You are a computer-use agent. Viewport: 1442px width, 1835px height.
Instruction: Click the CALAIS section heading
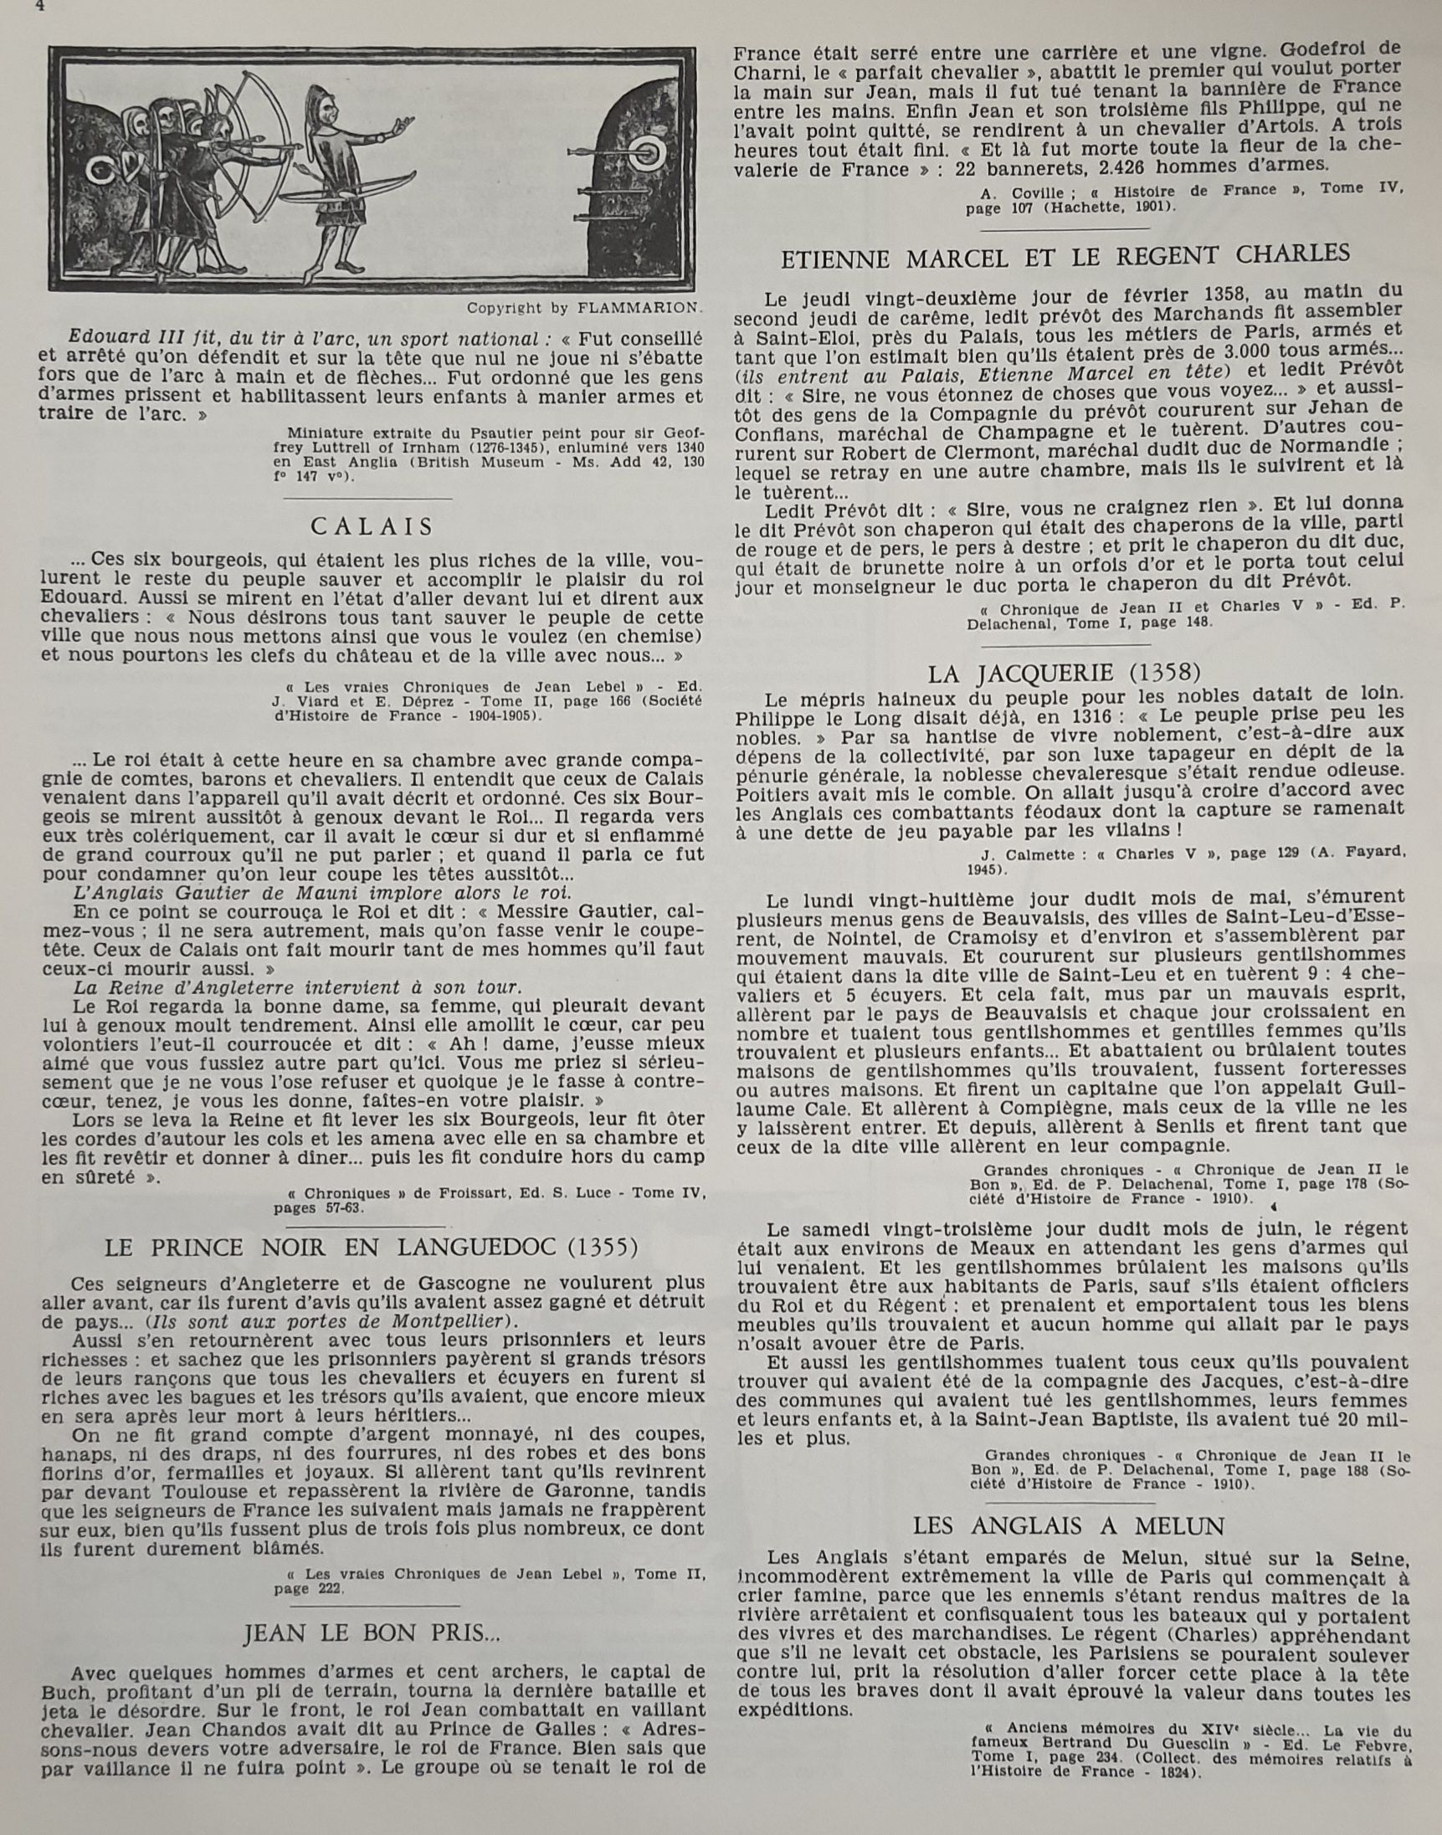pyautogui.click(x=372, y=526)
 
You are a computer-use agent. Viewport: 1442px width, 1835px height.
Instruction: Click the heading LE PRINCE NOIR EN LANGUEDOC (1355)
pyautogui.click(x=372, y=1247)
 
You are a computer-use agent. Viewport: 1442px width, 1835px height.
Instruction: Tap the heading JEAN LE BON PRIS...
pyautogui.click(x=372, y=1633)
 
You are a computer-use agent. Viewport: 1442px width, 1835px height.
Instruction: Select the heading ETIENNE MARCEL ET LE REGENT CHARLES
pyautogui.click(x=1065, y=254)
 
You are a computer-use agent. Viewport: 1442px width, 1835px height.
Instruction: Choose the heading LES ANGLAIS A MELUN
pyautogui.click(x=1069, y=1526)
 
